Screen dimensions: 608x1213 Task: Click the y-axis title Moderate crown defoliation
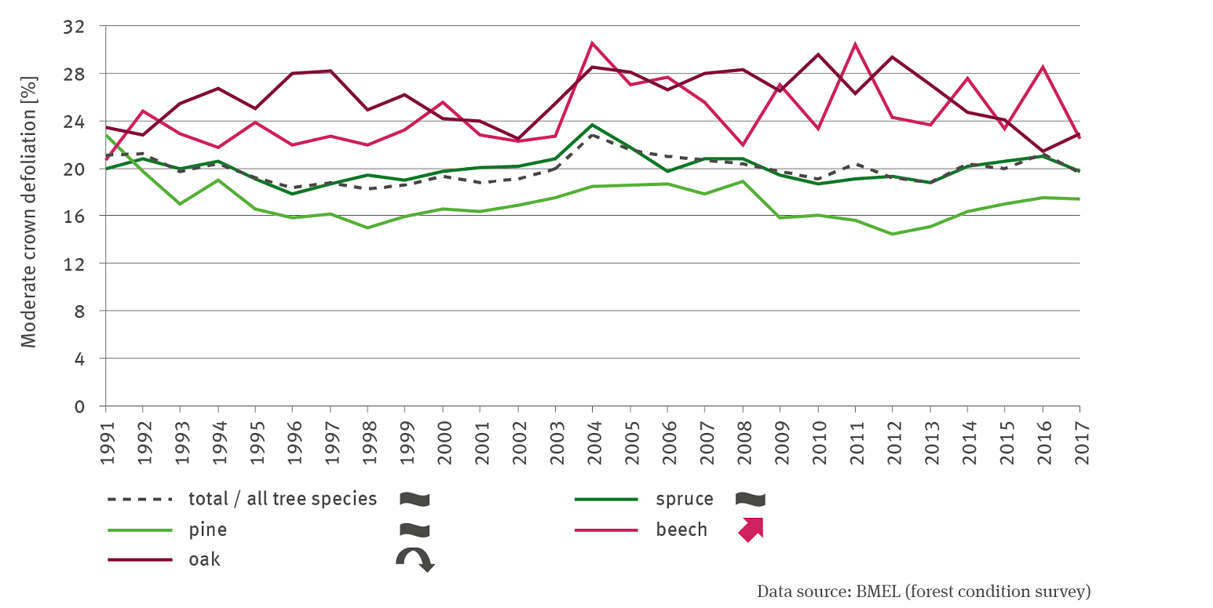pos(29,212)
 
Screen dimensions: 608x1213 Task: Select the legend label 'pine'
pos(207,530)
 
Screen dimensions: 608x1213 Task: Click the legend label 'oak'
pos(204,559)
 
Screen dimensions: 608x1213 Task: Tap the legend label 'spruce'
pos(685,499)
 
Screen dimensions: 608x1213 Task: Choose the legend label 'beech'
pos(681,530)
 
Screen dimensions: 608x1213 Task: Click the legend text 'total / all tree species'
pos(283,499)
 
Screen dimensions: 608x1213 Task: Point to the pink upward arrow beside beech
pos(751,530)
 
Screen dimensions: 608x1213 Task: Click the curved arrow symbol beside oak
pos(414,559)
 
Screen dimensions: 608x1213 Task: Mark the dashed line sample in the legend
pos(140,499)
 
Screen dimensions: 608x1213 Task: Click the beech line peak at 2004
pos(593,43)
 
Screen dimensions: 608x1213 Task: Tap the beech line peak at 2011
pos(855,44)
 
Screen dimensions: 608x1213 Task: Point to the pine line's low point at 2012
pos(892,234)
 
